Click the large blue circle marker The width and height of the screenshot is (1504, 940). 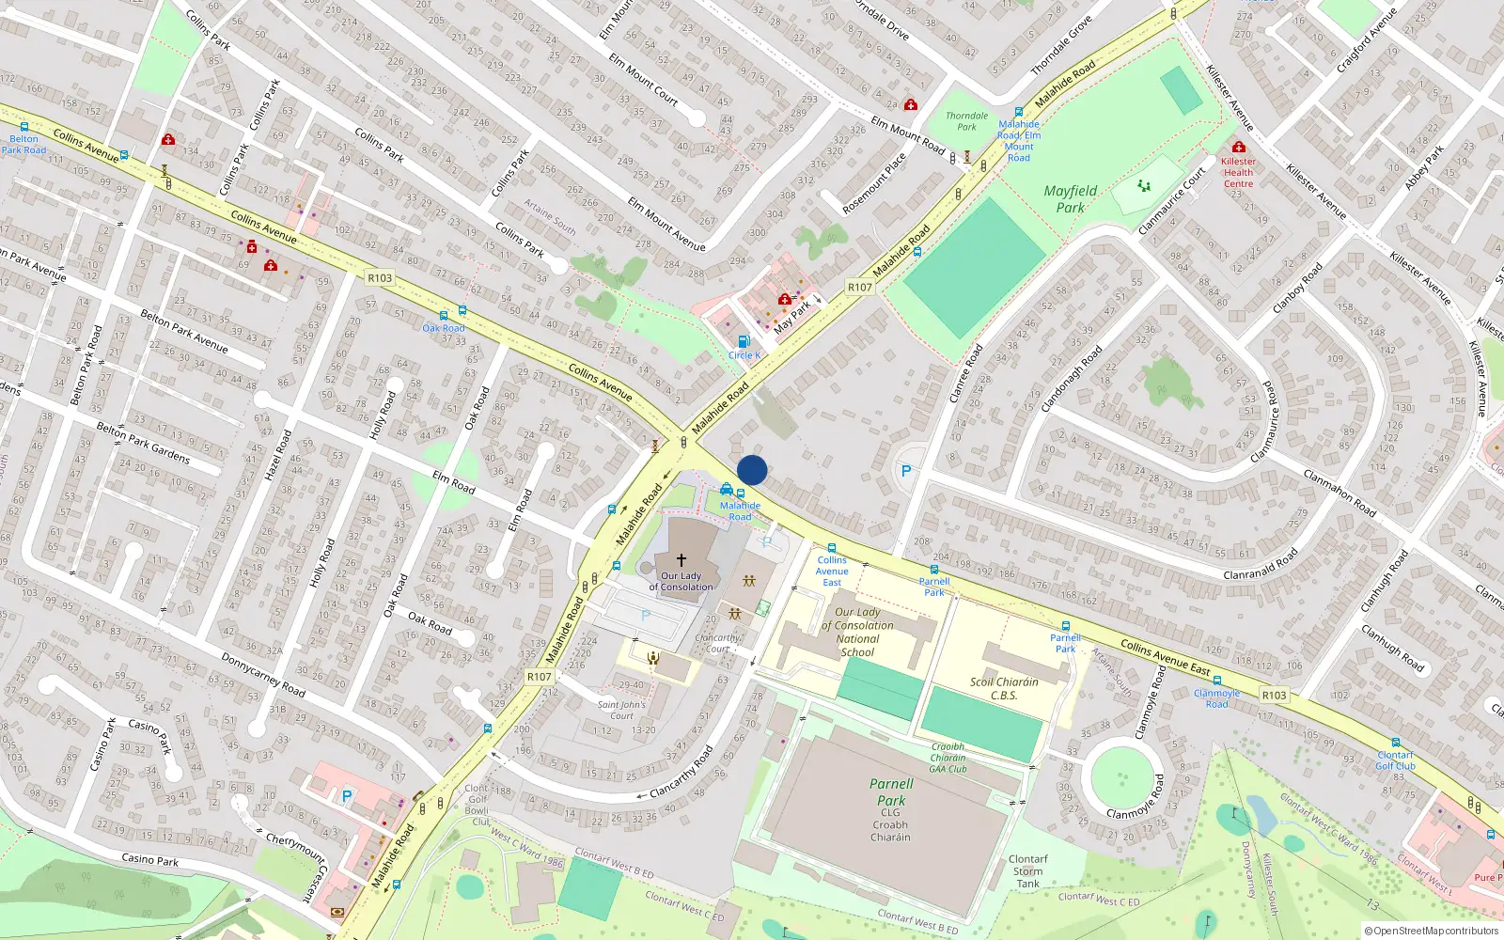pyautogui.click(x=752, y=470)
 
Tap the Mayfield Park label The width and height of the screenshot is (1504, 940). pyautogui.click(x=1070, y=198)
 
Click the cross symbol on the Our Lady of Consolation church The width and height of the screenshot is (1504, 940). pyautogui.click(x=681, y=559)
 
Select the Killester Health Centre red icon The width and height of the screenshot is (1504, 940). pyautogui.click(x=1238, y=148)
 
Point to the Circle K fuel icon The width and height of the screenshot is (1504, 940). pyautogui.click(x=744, y=341)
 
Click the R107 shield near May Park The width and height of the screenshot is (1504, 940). pyautogui.click(x=859, y=287)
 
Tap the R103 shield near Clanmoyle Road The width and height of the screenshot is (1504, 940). pyautogui.click(x=1274, y=695)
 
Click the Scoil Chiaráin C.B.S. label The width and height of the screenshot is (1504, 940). pyautogui.click(x=1004, y=688)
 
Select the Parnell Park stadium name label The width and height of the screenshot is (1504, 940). pyautogui.click(x=891, y=791)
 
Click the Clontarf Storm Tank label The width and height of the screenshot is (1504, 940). pyautogui.click(x=1027, y=871)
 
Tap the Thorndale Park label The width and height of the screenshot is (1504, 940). pyautogui.click(x=966, y=121)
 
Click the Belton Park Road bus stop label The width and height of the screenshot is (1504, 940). pyautogui.click(x=23, y=144)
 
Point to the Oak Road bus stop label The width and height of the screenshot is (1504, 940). pyautogui.click(x=444, y=328)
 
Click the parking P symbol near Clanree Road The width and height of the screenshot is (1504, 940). pyautogui.click(x=906, y=471)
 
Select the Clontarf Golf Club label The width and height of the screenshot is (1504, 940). pyautogui.click(x=1395, y=760)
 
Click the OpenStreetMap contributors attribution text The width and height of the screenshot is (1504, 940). pyautogui.click(x=1431, y=931)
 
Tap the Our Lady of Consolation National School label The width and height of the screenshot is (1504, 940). pyautogui.click(x=857, y=632)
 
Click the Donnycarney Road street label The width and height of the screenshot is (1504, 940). pyautogui.click(x=263, y=674)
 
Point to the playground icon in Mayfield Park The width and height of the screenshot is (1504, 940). pyautogui.click(x=1144, y=186)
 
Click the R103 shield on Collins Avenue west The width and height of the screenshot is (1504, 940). pyautogui.click(x=380, y=277)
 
